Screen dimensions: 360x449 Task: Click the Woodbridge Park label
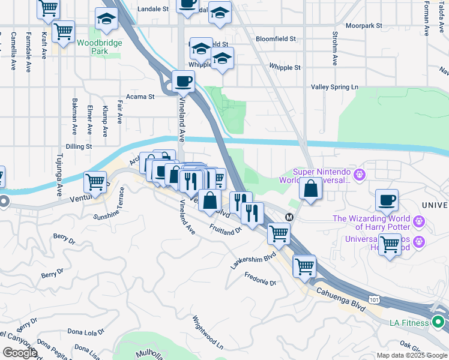pyautogui.click(x=100, y=47)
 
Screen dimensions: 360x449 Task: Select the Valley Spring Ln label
pyautogui.click(x=334, y=87)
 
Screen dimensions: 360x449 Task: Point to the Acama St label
pyautogui.click(x=140, y=96)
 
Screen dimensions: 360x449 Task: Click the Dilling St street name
pyautogui.click(x=79, y=146)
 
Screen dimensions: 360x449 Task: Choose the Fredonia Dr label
pyautogui.click(x=261, y=278)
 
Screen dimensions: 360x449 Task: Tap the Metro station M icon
pyautogui.click(x=289, y=217)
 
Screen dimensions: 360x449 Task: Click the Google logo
pyautogui.click(x=20, y=353)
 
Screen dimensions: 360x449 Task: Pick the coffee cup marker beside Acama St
pyautogui.click(x=184, y=80)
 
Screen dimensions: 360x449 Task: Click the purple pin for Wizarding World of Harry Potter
pyautogui.click(x=419, y=223)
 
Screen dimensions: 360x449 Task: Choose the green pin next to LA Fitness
pyautogui.click(x=440, y=322)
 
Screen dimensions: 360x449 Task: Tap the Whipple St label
pyautogui.click(x=285, y=67)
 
